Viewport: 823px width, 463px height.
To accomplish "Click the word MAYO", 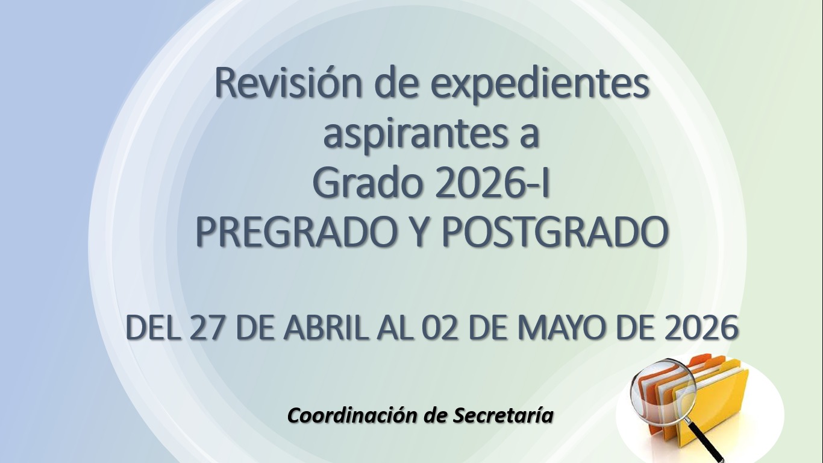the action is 562,327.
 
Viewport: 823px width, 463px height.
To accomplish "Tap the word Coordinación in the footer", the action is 351,415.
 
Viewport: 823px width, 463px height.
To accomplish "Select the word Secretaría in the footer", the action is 503,415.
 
